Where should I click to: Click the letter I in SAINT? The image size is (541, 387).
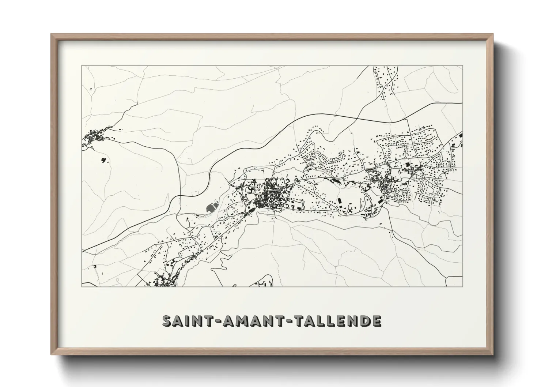pyautogui.click(x=186, y=321)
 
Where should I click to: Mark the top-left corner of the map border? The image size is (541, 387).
pyautogui.click(x=82, y=66)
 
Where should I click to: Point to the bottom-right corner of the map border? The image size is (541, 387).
pyautogui.click(x=463, y=286)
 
